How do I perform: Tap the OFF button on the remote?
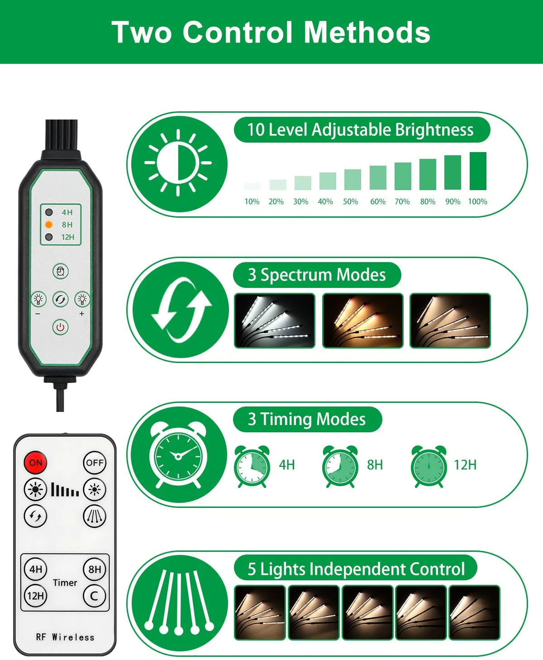[x=95, y=463]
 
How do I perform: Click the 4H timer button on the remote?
[x=36, y=569]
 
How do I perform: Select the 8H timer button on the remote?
[x=95, y=569]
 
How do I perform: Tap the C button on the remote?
[x=95, y=596]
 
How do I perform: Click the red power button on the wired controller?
[x=60, y=327]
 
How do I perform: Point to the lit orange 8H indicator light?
[x=49, y=225]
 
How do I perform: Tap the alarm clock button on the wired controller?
[x=60, y=271]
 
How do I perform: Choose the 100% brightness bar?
[x=478, y=171]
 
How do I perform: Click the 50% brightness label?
[x=350, y=201]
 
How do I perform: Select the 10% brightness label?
[x=252, y=201]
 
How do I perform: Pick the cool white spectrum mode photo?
[x=274, y=320]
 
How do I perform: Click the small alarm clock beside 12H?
[x=429, y=466]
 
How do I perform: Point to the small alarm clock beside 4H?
[x=252, y=466]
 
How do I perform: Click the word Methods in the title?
[x=367, y=32]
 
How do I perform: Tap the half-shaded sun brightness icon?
[x=178, y=163]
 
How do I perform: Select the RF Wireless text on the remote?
[x=65, y=637]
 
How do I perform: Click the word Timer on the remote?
[x=65, y=583]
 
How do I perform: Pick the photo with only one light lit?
[x=474, y=612]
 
